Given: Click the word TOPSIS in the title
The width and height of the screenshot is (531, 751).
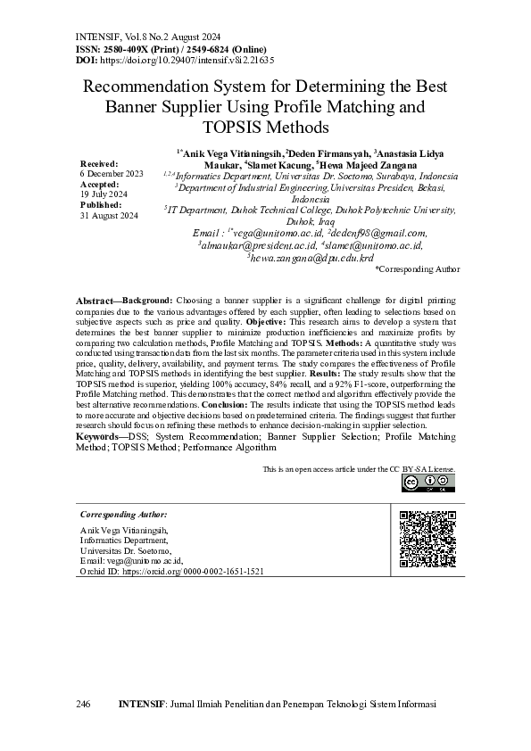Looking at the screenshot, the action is [236, 128].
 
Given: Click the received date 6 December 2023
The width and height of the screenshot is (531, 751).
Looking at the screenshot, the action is [112, 173].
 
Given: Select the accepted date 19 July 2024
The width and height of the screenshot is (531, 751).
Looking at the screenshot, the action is [104, 194].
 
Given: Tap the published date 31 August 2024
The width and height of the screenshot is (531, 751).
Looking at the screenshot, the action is [110, 216].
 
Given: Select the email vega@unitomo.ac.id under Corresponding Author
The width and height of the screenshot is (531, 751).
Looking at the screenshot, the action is [145, 560].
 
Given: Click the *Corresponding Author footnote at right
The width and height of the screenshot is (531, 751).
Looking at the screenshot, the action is [418, 268].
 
